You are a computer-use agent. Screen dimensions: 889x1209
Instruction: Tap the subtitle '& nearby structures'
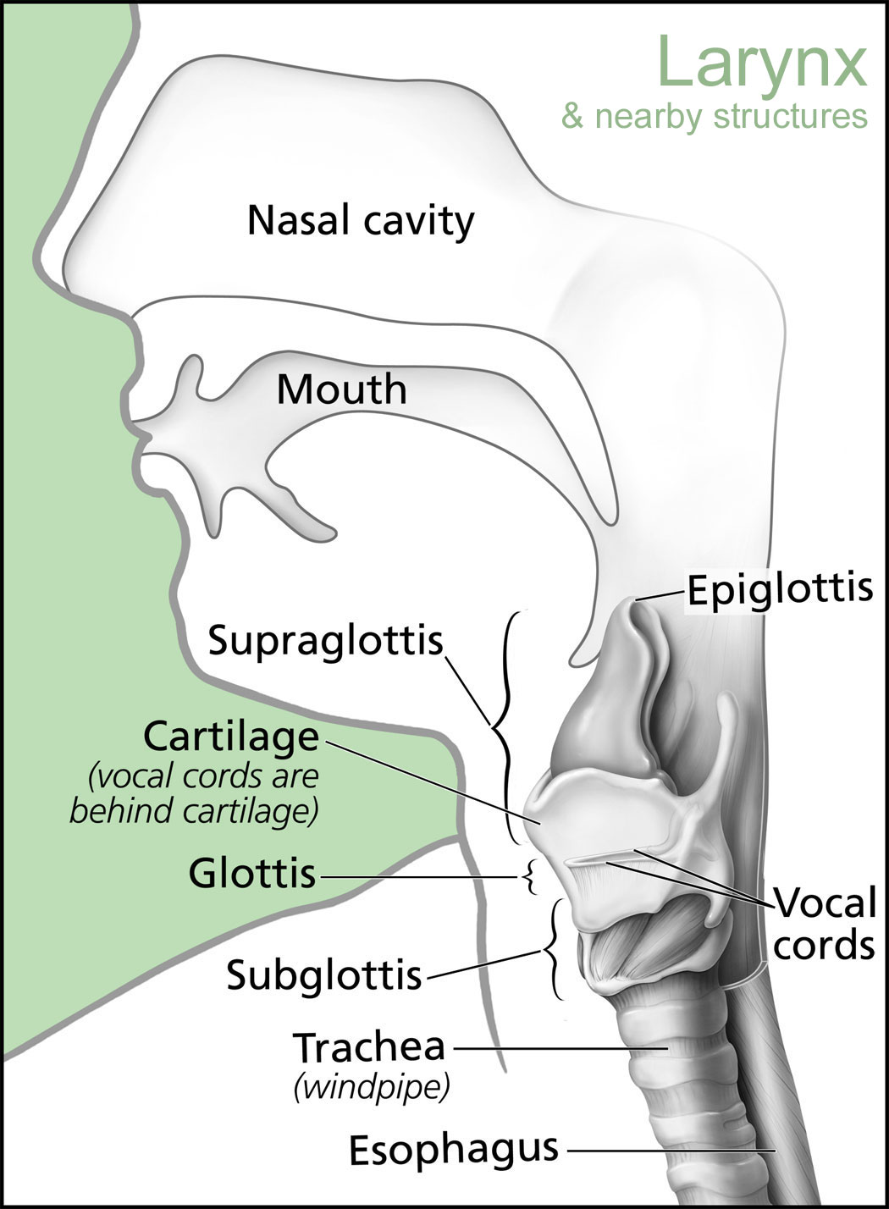715,115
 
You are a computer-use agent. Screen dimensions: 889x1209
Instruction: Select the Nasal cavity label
361,222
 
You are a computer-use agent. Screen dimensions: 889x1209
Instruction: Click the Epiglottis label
780,589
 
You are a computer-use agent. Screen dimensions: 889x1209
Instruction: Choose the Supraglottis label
326,641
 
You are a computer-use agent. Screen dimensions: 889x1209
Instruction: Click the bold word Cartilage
231,737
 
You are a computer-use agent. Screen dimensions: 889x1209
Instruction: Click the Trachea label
369,1046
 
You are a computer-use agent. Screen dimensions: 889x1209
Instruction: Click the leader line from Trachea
561,1048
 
